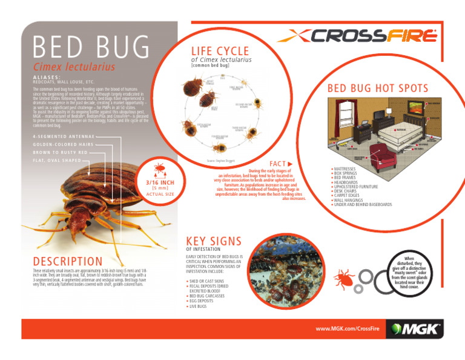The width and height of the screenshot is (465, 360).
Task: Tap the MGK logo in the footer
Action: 418,332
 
